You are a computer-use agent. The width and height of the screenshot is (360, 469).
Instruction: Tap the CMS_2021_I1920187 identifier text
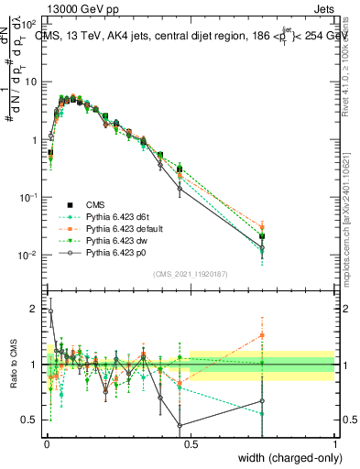coord(191,273)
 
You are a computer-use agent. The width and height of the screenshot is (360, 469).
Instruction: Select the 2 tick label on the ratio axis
coord(37,310)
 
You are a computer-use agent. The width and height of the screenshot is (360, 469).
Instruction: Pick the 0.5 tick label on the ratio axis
coord(33,420)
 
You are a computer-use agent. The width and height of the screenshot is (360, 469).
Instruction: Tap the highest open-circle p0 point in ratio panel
coord(50,311)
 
